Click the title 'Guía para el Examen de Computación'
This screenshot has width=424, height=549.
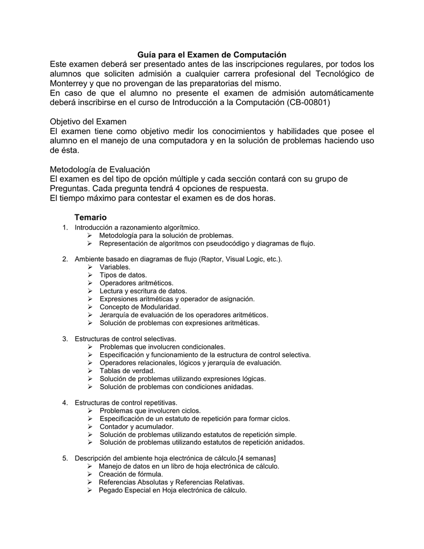[x=212, y=55]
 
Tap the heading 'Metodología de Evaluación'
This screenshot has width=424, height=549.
[x=100, y=169]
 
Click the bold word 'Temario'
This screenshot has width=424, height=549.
[x=91, y=217]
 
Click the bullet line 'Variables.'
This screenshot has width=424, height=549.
[x=115, y=267]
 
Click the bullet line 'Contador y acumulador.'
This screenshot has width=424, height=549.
[x=136, y=426]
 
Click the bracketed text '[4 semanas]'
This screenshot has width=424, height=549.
[x=257, y=458]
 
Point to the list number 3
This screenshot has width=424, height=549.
[x=65, y=339]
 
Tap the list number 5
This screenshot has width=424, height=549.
[x=65, y=458]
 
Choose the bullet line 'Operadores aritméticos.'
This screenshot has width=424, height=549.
[x=137, y=283]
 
